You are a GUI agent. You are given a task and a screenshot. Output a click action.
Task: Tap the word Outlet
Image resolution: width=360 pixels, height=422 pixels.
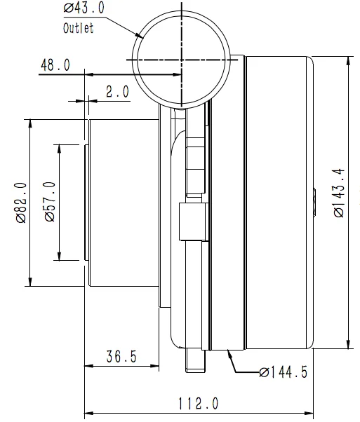[78, 29]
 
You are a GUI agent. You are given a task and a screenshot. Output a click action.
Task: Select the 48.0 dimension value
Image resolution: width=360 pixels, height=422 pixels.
[55, 65]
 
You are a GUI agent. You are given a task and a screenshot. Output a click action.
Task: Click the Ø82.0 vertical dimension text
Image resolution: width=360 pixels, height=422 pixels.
[20, 203]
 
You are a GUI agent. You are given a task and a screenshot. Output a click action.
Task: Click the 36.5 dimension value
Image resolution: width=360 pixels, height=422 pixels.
[121, 357]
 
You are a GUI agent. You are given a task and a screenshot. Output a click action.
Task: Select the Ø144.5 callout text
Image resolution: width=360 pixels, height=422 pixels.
[283, 372]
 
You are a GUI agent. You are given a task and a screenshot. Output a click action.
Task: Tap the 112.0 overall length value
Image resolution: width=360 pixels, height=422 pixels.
[198, 404]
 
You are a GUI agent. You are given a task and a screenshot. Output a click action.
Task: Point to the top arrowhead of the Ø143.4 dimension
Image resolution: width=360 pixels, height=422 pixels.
[349, 60]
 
